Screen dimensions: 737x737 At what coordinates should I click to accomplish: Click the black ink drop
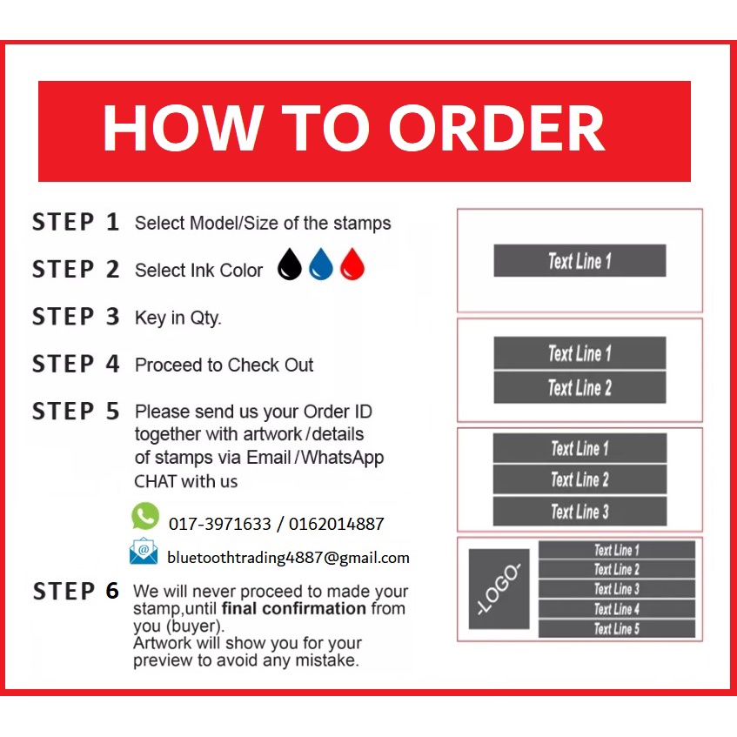[289, 265]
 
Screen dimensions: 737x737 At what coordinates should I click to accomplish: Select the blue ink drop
[320, 265]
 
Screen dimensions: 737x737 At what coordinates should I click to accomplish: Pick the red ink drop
[352, 265]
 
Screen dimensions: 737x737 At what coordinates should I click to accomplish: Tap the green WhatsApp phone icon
[145, 516]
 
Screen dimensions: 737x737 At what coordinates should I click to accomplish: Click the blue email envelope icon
[144, 551]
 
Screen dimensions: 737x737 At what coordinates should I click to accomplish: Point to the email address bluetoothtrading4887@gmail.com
[288, 558]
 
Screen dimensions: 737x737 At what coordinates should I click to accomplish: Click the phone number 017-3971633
[220, 524]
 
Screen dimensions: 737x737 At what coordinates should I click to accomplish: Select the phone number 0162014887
[337, 524]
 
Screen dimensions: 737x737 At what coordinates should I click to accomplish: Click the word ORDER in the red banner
[496, 127]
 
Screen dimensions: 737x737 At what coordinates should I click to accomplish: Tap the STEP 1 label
[75, 222]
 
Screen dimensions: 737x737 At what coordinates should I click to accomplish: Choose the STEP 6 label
[75, 591]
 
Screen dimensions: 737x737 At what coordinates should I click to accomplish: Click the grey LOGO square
[499, 589]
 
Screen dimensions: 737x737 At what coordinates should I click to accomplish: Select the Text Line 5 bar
[617, 629]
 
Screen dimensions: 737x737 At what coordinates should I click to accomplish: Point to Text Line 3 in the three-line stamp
[580, 512]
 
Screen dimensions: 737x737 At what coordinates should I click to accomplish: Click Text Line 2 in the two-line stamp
[580, 388]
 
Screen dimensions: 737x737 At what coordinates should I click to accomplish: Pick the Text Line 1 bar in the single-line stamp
[580, 260]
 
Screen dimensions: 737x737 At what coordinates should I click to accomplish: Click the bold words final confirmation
[294, 608]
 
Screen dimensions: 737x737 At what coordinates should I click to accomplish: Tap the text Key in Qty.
[178, 318]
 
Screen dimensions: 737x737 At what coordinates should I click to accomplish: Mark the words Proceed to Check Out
[224, 365]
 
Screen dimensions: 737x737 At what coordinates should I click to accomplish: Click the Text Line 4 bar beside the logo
[617, 609]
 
